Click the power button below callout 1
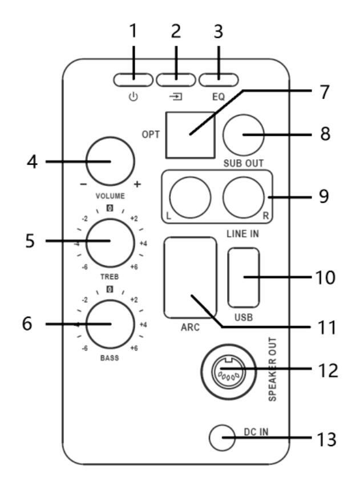[134, 80]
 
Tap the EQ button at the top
[219, 80]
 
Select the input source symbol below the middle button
[176, 97]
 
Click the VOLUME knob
[111, 161]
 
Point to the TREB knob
[110, 243]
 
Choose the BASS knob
[110, 324]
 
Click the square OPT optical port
[190, 135]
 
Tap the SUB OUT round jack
[244, 135]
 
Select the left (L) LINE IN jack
[190, 197]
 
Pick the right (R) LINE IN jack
[244, 197]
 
